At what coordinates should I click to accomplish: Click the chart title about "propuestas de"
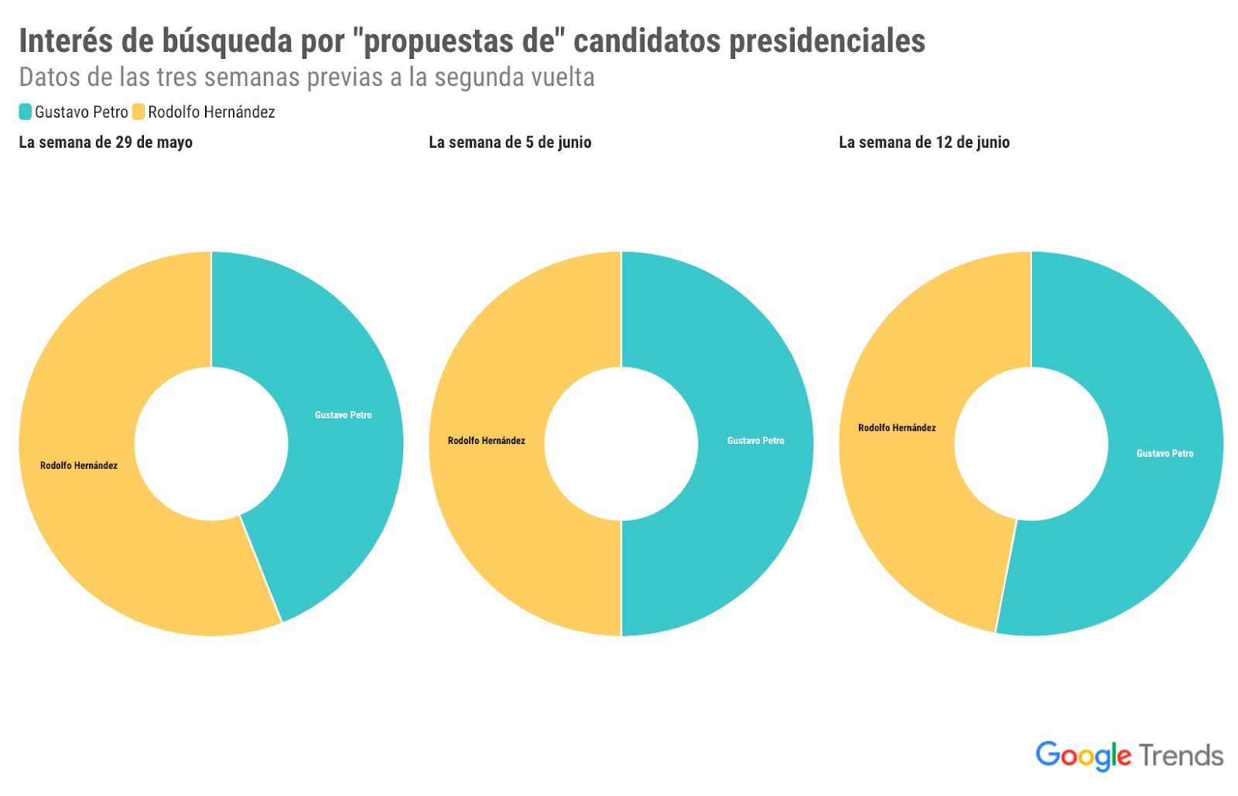[472, 41]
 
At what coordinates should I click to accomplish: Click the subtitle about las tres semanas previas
[306, 77]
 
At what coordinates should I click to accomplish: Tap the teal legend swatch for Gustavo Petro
[26, 112]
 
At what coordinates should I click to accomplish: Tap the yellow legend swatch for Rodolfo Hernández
[139, 112]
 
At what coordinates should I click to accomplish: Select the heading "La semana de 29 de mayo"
[106, 142]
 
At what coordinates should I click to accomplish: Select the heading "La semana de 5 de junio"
[510, 142]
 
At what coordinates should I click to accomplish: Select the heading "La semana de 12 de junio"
[924, 142]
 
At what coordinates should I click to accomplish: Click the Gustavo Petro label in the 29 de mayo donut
[343, 415]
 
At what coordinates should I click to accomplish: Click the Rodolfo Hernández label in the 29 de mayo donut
[79, 466]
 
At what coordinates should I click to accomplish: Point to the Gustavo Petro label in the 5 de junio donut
[755, 441]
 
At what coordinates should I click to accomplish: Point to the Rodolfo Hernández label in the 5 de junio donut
[486, 441]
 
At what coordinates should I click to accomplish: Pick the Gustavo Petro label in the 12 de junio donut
[1164, 454]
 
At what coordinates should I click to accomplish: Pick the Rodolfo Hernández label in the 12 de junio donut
[897, 428]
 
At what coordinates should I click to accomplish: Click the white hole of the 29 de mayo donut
[211, 444]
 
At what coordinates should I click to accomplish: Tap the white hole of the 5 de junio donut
[621, 444]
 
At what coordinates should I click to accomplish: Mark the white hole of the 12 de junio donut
[1031, 444]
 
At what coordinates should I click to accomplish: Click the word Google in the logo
[1083, 755]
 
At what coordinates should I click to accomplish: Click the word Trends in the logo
[1181, 756]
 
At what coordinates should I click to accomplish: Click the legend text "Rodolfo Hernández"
[211, 112]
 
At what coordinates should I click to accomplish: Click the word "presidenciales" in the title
[827, 41]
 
